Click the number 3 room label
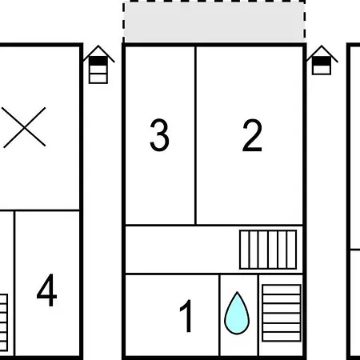[x=159, y=135]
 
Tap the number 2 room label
[x=252, y=135]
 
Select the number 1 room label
[x=186, y=316]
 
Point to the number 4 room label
[x=46, y=290]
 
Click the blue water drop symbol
[x=237, y=314]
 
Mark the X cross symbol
[x=24, y=127]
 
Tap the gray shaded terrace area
[x=214, y=22]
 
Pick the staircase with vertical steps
[x=268, y=250]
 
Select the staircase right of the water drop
[x=282, y=313]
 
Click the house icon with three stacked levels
[x=98, y=65]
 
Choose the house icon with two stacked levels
[x=322, y=60]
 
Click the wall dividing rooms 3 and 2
[x=196, y=135]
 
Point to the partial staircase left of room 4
[x=4, y=322]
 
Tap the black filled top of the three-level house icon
[x=98, y=61]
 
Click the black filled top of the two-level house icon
[x=322, y=61]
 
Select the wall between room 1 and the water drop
[x=219, y=314]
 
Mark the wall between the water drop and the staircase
[x=258, y=314]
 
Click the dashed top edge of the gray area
[x=214, y=2]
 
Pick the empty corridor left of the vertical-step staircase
[x=182, y=250]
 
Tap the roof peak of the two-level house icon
[x=322, y=46]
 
